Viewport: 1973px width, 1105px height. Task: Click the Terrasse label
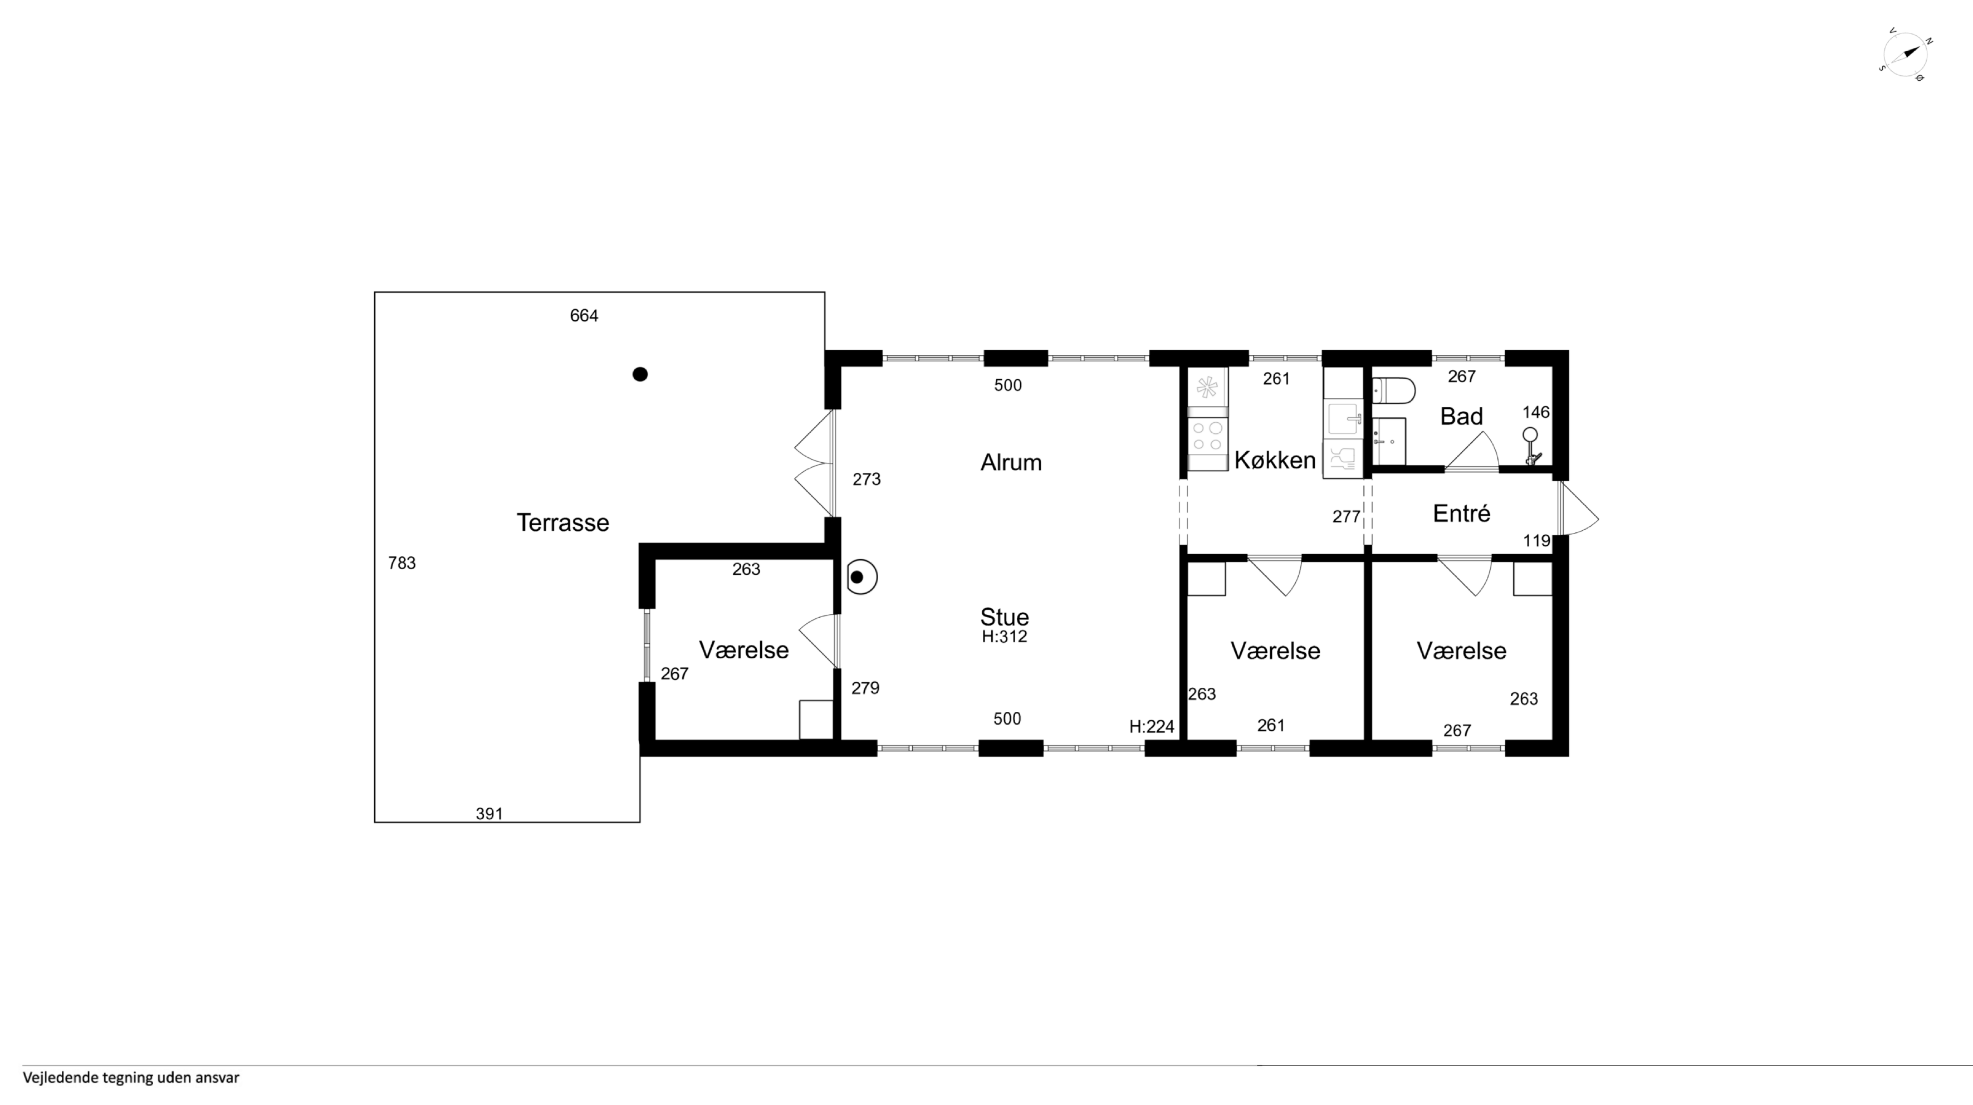click(x=563, y=522)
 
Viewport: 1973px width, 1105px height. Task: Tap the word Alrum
click(x=1011, y=462)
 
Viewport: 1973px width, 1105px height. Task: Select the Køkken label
click(x=1275, y=460)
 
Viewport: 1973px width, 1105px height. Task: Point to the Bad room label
click(x=1461, y=417)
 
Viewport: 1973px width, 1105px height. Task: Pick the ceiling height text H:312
click(x=1004, y=637)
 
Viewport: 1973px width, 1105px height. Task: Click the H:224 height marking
click(x=1151, y=727)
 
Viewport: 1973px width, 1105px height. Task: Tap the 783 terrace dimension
click(x=402, y=563)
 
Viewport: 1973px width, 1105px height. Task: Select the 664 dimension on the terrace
click(x=584, y=315)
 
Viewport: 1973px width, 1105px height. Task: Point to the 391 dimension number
click(x=489, y=814)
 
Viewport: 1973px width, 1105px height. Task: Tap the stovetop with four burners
click(x=1207, y=437)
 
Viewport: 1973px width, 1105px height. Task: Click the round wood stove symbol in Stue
click(x=861, y=578)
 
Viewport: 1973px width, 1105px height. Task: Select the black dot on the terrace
click(x=640, y=374)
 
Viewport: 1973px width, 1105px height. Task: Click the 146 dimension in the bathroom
click(x=1536, y=412)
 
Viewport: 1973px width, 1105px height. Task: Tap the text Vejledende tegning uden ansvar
click(x=131, y=1078)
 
